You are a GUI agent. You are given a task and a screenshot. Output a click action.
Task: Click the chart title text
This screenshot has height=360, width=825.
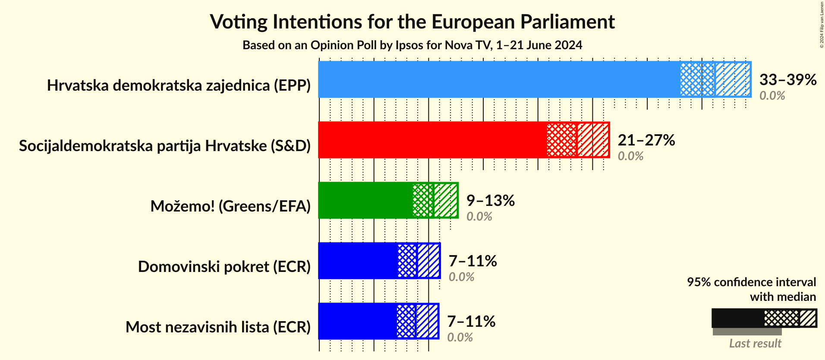(412, 22)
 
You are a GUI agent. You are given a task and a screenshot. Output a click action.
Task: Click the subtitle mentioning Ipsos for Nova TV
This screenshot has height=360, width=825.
(412, 45)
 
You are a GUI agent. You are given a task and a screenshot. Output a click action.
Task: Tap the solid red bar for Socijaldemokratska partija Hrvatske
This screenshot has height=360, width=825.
(431, 140)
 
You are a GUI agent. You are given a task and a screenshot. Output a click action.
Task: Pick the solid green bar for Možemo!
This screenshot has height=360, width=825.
(365, 200)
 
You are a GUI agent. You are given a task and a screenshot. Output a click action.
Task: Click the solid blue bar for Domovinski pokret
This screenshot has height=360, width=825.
(357, 261)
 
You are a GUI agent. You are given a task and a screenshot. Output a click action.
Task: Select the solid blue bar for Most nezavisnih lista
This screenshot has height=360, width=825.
(357, 321)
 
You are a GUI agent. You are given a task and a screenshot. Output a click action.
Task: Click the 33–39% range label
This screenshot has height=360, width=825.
(787, 79)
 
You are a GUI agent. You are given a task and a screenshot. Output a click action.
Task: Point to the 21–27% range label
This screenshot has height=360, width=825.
(646, 140)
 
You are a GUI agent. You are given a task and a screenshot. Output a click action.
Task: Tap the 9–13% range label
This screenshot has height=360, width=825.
(490, 200)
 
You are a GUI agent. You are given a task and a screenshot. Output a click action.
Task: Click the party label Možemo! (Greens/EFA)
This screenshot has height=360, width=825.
(230, 206)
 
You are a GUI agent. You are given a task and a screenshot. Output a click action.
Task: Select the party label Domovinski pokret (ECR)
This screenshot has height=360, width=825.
(224, 267)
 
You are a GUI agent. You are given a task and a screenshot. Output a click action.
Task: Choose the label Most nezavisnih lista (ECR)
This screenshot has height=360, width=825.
(218, 327)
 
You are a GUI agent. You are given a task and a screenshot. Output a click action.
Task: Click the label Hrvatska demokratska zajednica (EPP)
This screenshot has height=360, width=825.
(179, 85)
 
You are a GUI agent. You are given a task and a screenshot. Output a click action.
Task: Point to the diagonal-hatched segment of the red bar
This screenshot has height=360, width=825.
(593, 140)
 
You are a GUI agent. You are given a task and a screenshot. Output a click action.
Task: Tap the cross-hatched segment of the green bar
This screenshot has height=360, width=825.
(422, 200)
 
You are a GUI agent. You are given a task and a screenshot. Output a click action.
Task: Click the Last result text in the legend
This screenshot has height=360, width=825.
(755, 344)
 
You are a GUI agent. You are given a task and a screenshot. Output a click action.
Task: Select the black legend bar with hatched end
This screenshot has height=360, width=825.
(764, 318)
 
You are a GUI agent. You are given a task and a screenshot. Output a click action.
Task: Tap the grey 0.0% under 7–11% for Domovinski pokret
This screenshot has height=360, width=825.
(461, 277)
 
